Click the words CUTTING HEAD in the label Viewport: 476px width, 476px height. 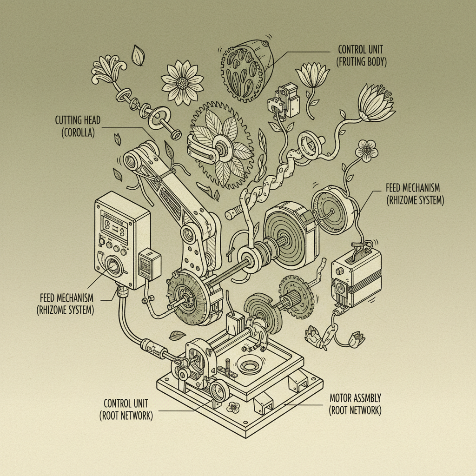74,120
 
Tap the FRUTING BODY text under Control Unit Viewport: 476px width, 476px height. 362,61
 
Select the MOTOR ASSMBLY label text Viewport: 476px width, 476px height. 355,398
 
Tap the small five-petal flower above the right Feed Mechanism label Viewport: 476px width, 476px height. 367,150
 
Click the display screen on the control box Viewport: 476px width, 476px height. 114,230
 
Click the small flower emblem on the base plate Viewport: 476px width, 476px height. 233,408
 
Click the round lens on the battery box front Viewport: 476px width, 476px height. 342,288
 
